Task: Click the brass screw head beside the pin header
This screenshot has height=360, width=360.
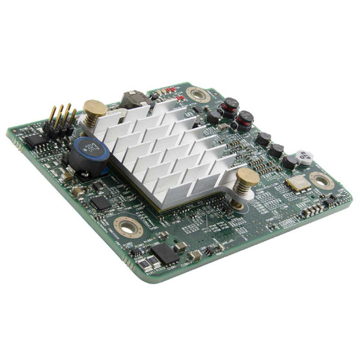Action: [94, 108]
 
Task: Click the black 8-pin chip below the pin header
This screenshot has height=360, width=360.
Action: [36, 140]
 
